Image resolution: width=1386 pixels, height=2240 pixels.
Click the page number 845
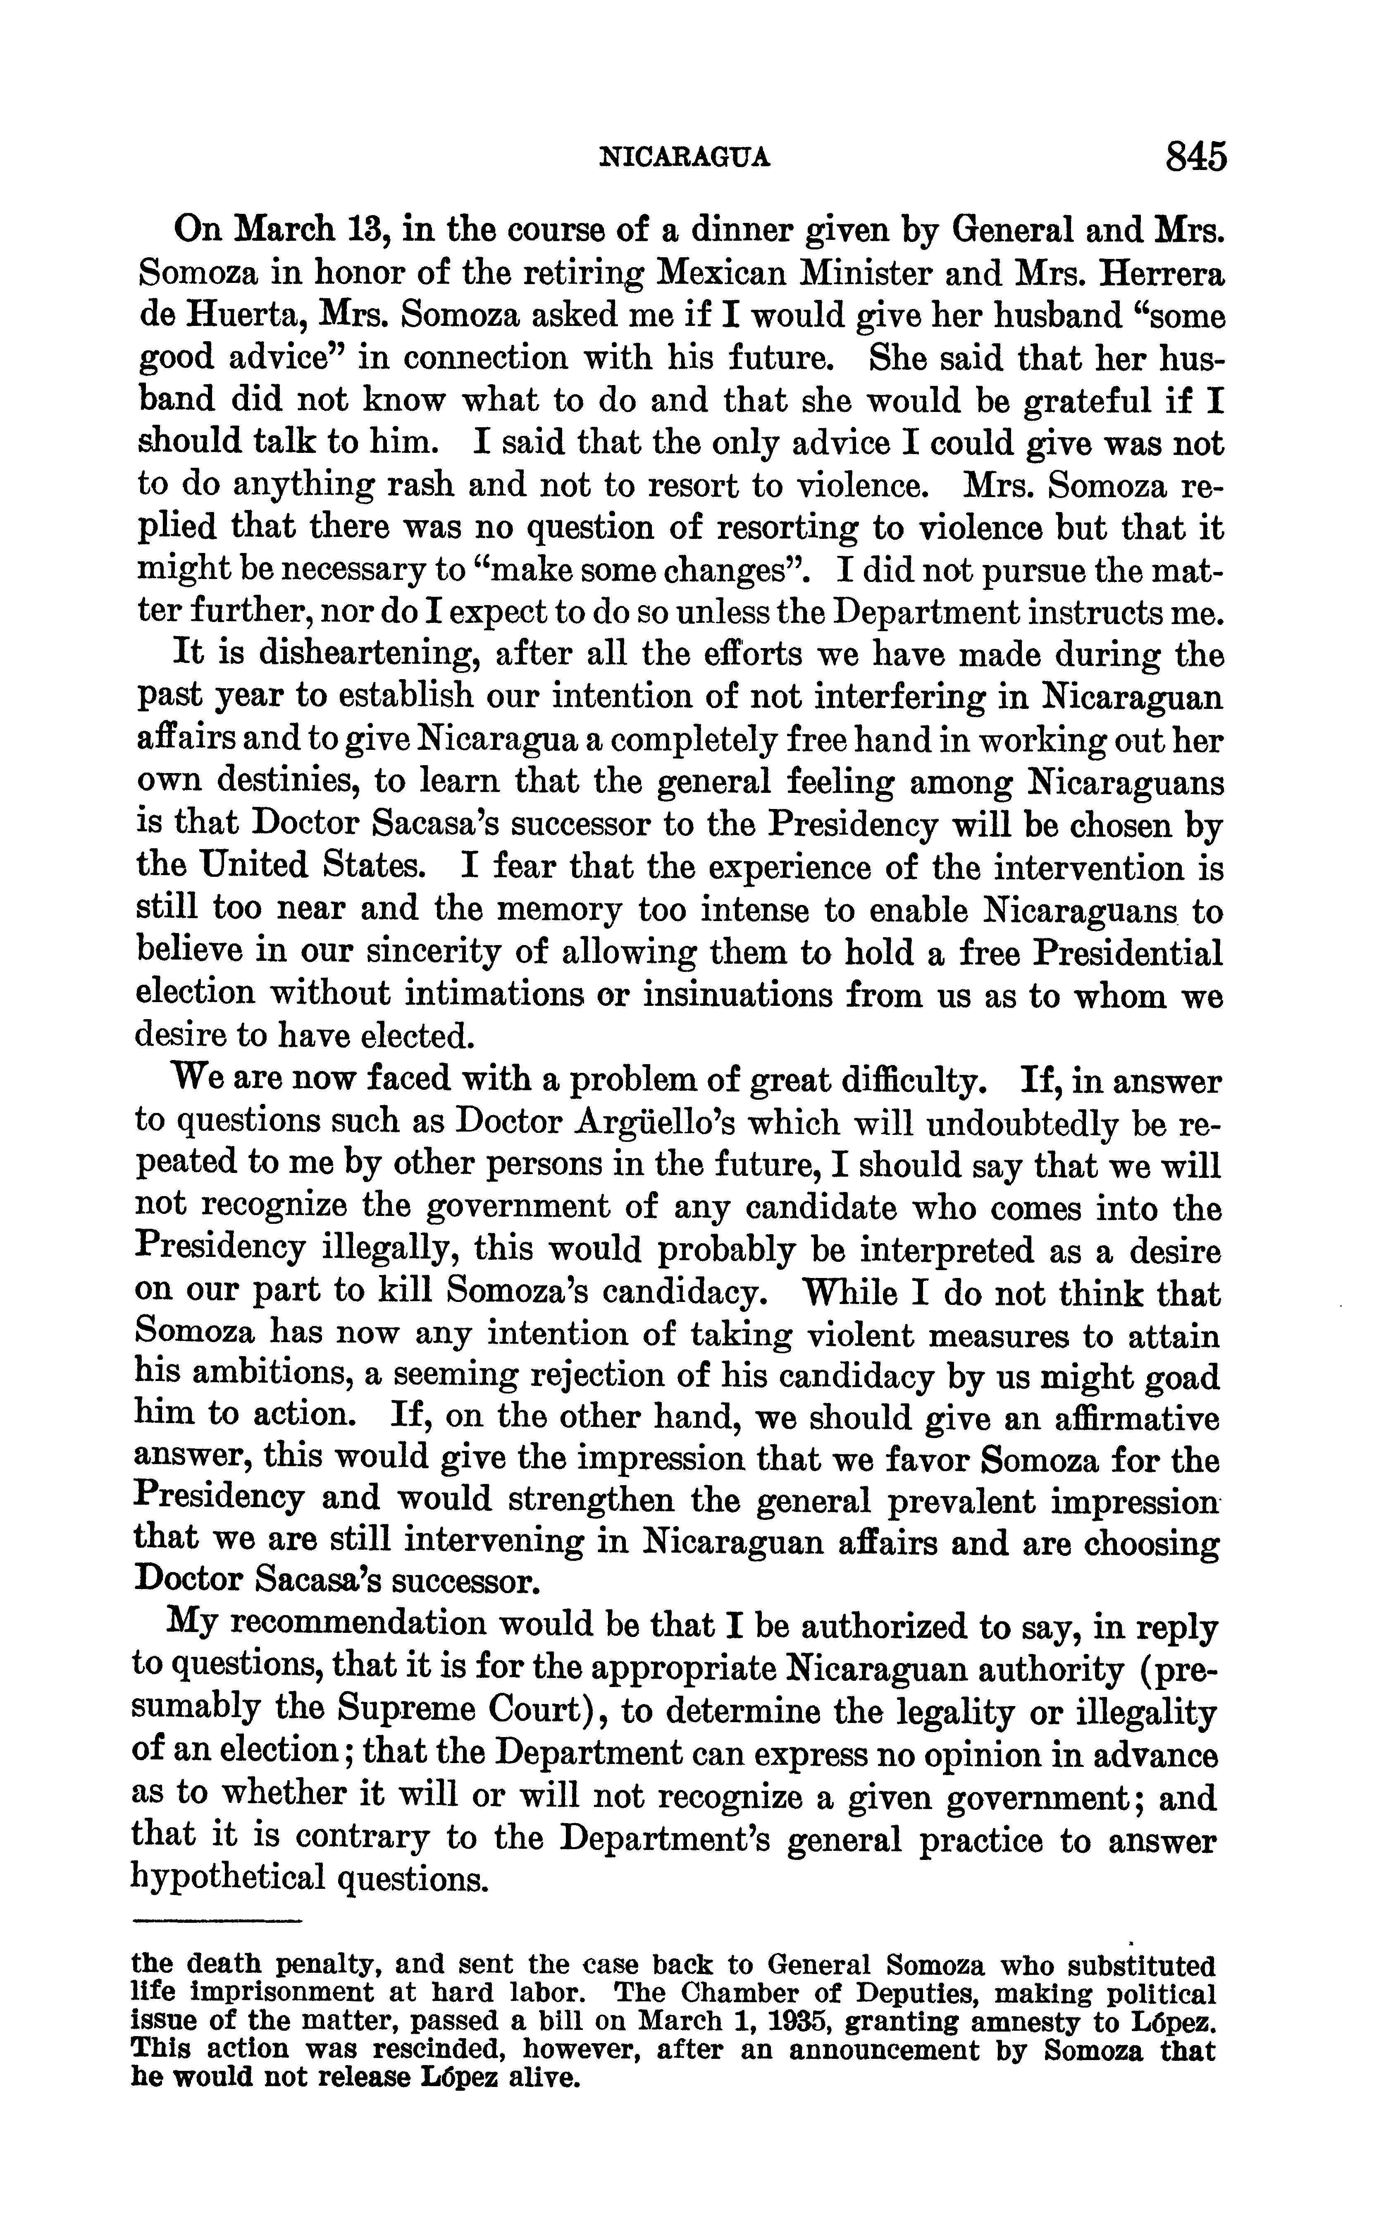tap(1195, 157)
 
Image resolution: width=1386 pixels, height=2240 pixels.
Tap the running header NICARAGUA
tap(684, 159)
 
